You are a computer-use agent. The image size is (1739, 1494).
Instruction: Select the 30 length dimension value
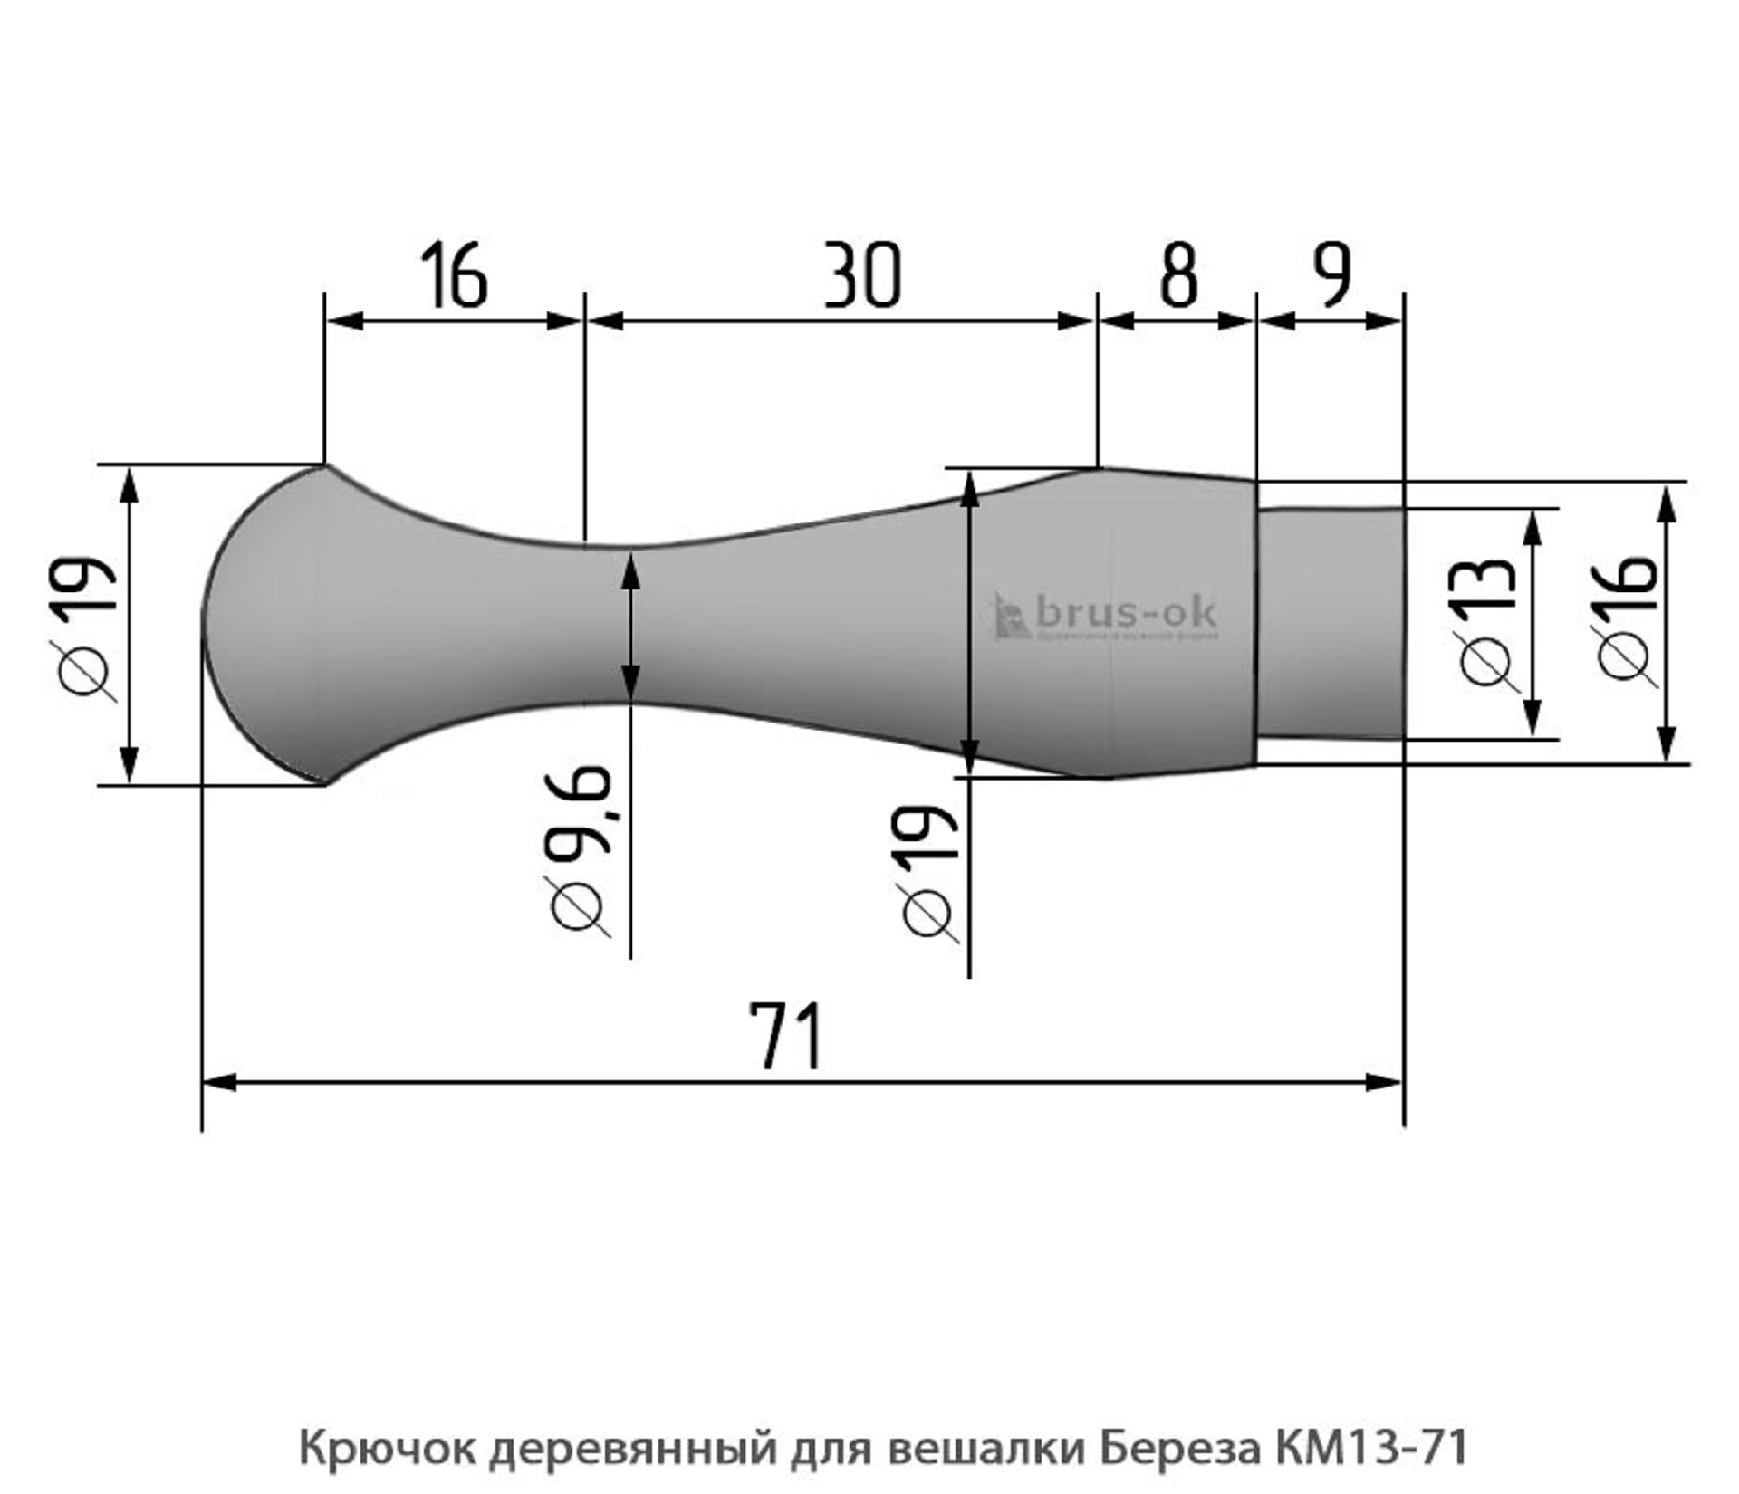[862, 274]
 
